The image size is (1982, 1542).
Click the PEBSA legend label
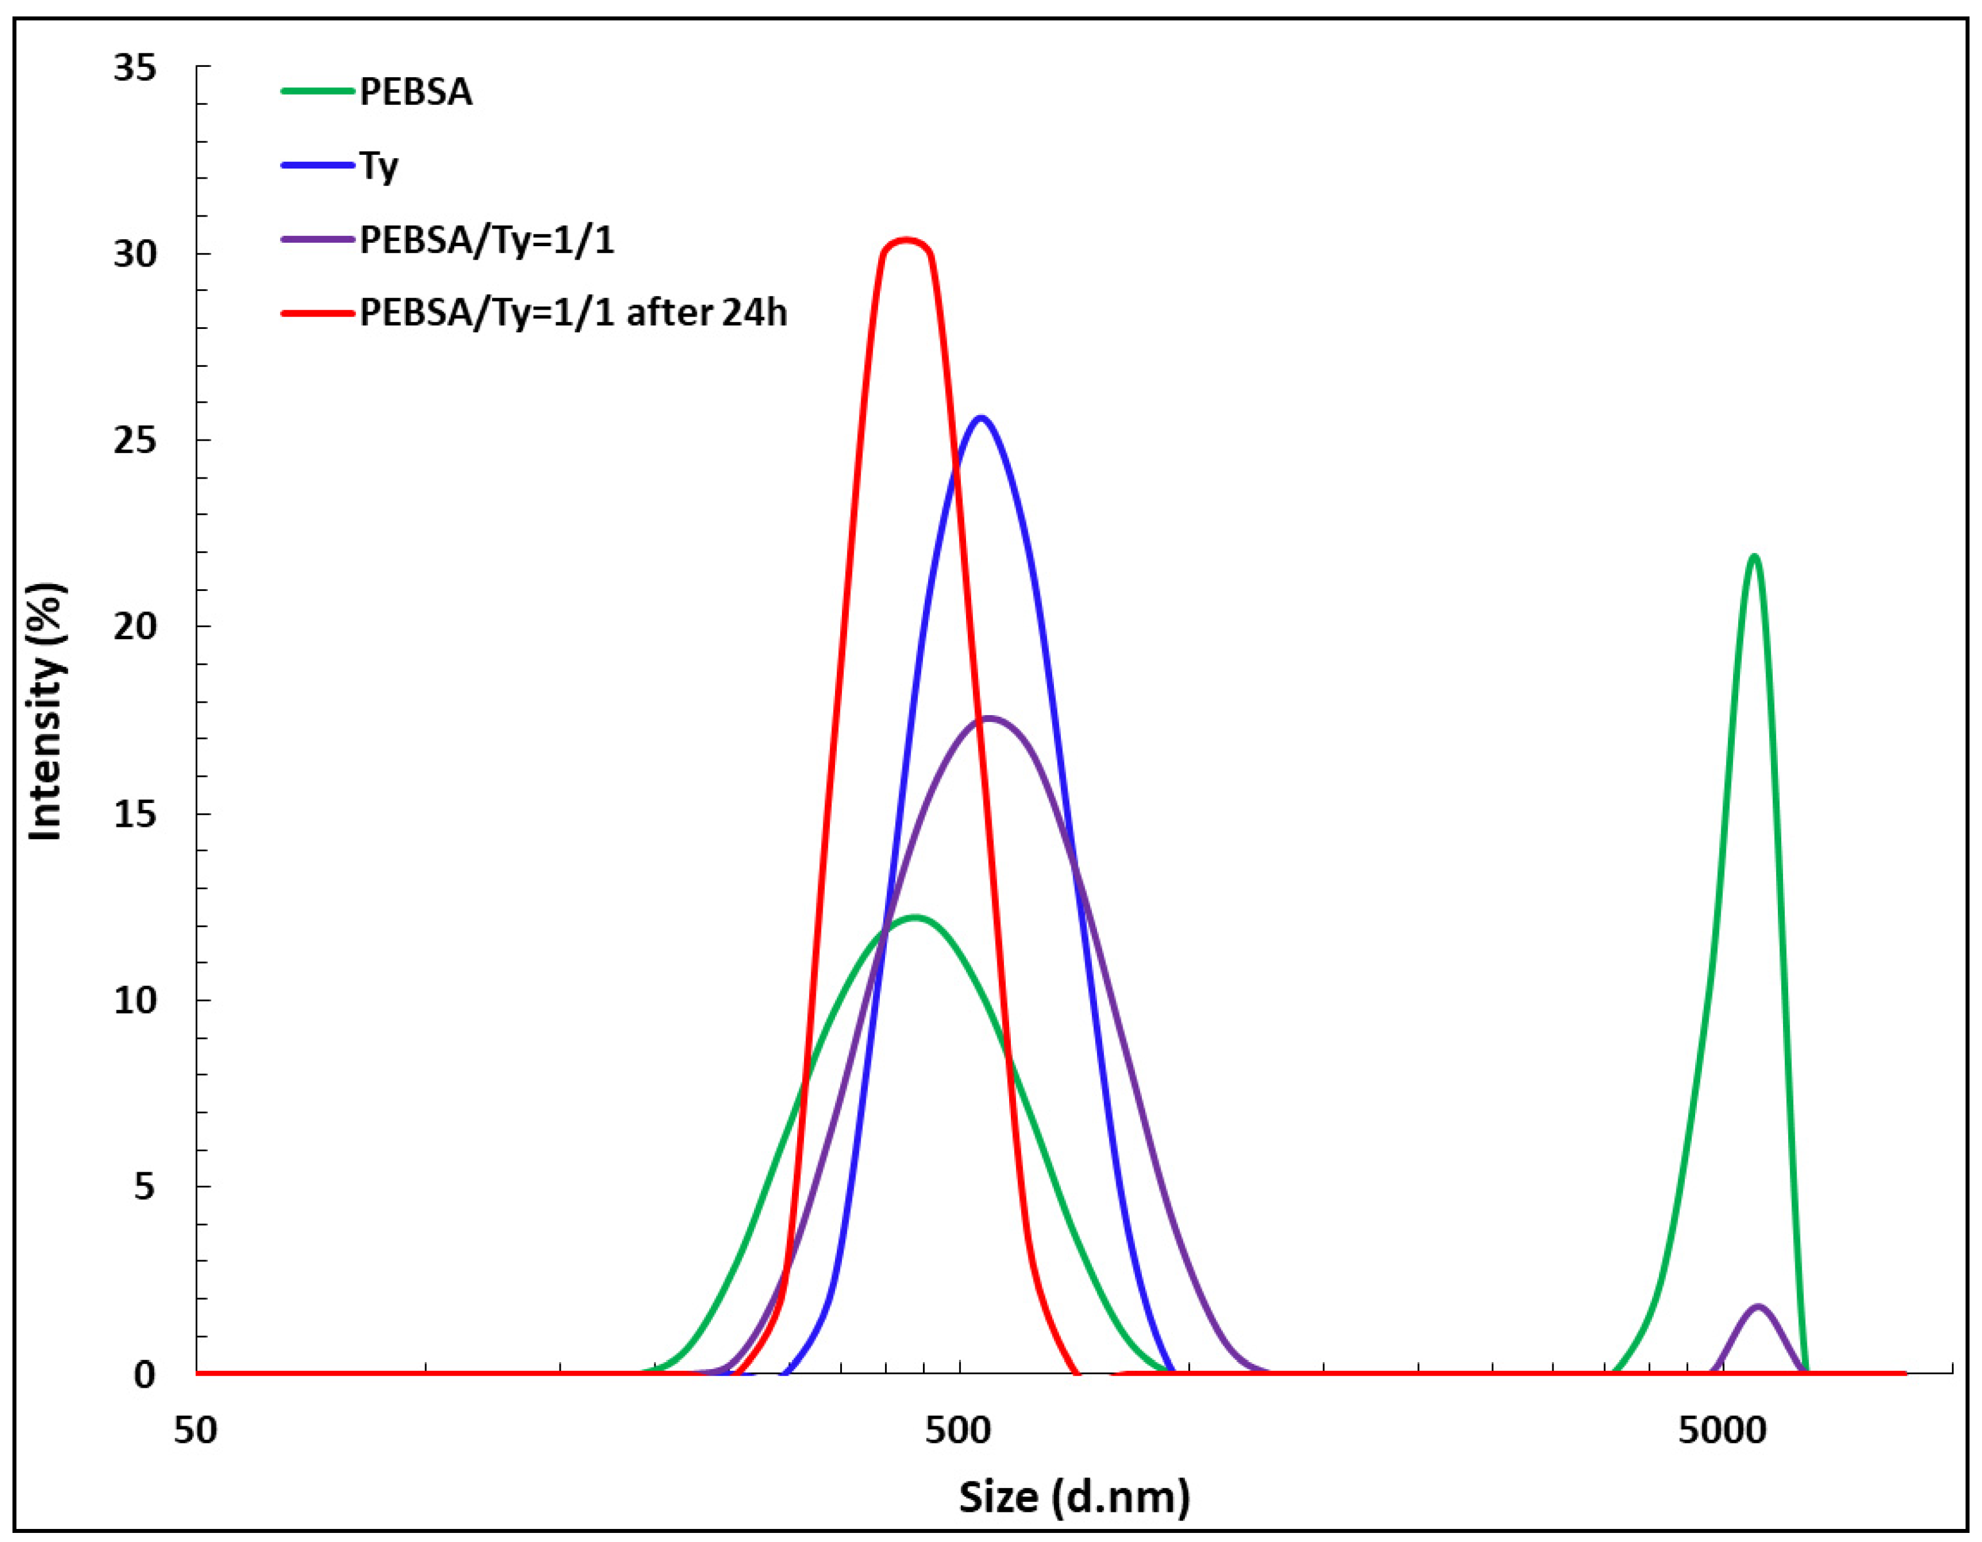click(x=416, y=92)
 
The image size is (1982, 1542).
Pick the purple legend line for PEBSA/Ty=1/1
click(x=317, y=239)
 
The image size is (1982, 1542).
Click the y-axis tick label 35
click(x=134, y=68)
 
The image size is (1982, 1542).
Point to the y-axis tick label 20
click(x=134, y=627)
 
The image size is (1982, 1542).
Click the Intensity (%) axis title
click(x=45, y=712)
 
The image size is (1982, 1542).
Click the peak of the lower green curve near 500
click(x=915, y=916)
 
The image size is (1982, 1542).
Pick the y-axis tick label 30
click(x=134, y=254)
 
